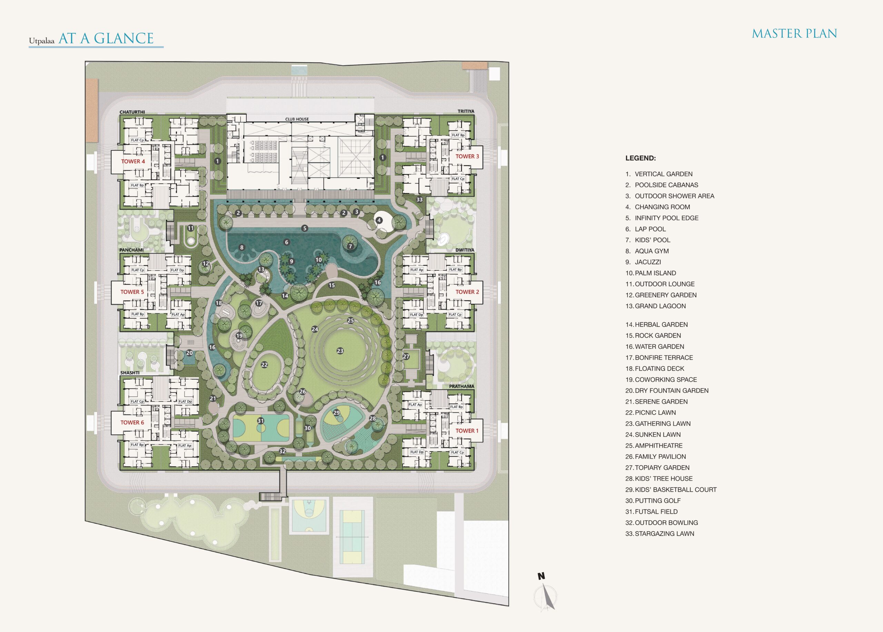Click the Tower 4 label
tap(133, 161)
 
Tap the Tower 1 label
tap(467, 431)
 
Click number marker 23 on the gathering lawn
tap(340, 351)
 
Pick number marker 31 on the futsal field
tap(260, 421)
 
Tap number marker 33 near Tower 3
tap(419, 200)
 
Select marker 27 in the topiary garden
tap(406, 357)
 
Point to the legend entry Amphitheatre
tap(654, 445)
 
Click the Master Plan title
tap(794, 34)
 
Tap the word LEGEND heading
tap(641, 158)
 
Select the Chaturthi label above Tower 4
tap(132, 112)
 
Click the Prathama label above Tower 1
tap(462, 387)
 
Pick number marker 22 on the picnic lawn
tap(264, 365)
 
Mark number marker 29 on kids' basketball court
tap(336, 413)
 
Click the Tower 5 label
tap(132, 292)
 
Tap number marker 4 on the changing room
tap(379, 220)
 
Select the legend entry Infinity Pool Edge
tap(662, 218)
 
